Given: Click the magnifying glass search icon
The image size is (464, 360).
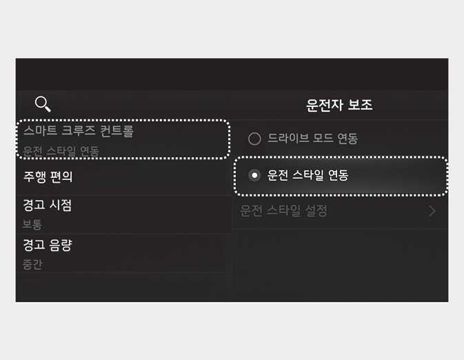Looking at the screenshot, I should [x=43, y=104].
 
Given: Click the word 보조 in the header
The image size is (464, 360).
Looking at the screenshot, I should [x=360, y=105].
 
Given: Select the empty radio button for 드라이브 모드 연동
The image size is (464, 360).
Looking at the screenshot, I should [x=254, y=139].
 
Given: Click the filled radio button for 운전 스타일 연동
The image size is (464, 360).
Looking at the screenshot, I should [x=254, y=176].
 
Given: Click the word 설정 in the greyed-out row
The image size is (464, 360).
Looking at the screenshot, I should [x=314, y=211].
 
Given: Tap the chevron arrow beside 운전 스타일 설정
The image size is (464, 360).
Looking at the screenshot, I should [x=432, y=211].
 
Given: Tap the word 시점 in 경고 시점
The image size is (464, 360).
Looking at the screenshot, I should [x=61, y=206].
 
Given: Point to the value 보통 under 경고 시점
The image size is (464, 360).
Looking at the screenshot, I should [x=32, y=224].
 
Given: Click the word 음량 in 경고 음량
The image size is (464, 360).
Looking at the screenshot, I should [x=61, y=245].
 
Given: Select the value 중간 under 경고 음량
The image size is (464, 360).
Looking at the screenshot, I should [x=32, y=263].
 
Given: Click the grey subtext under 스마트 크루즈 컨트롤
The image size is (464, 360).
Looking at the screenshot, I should [x=61, y=150].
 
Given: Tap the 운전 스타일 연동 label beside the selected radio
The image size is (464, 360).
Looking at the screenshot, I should [x=307, y=176].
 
